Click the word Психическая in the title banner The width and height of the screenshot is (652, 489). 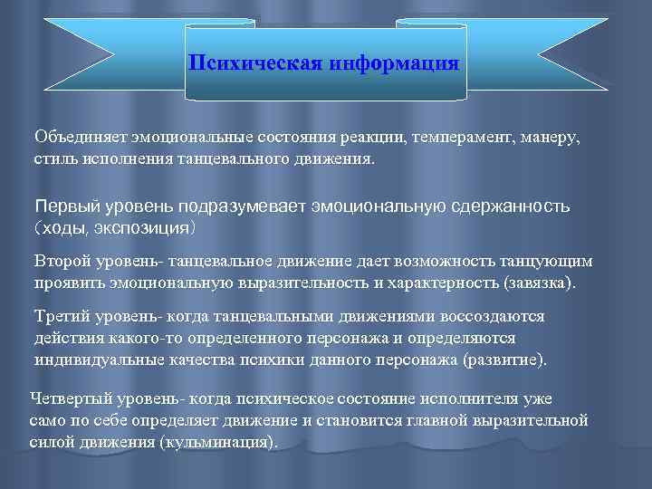243,64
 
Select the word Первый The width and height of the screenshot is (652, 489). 65,206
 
